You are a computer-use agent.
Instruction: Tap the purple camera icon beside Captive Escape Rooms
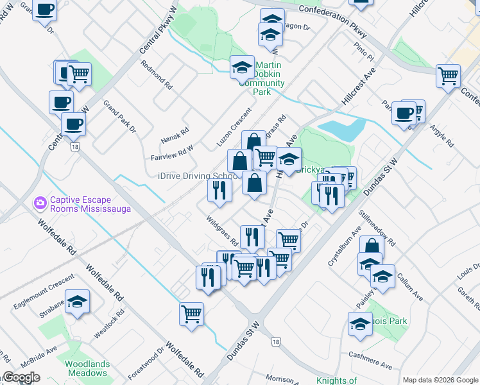coord(41,203)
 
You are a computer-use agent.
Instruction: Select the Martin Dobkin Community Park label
coord(270,79)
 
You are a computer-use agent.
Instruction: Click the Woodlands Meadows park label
coord(87,368)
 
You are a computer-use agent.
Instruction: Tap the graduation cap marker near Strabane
coord(77,302)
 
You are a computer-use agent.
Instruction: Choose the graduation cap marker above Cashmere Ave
coord(361,324)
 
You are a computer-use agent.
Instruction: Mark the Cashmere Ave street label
coord(370,359)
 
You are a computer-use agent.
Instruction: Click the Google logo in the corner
coord(21,377)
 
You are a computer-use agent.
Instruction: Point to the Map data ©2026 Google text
coord(440,379)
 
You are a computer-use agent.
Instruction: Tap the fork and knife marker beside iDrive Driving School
coord(219,190)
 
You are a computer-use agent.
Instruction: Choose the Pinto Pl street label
coord(363,48)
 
